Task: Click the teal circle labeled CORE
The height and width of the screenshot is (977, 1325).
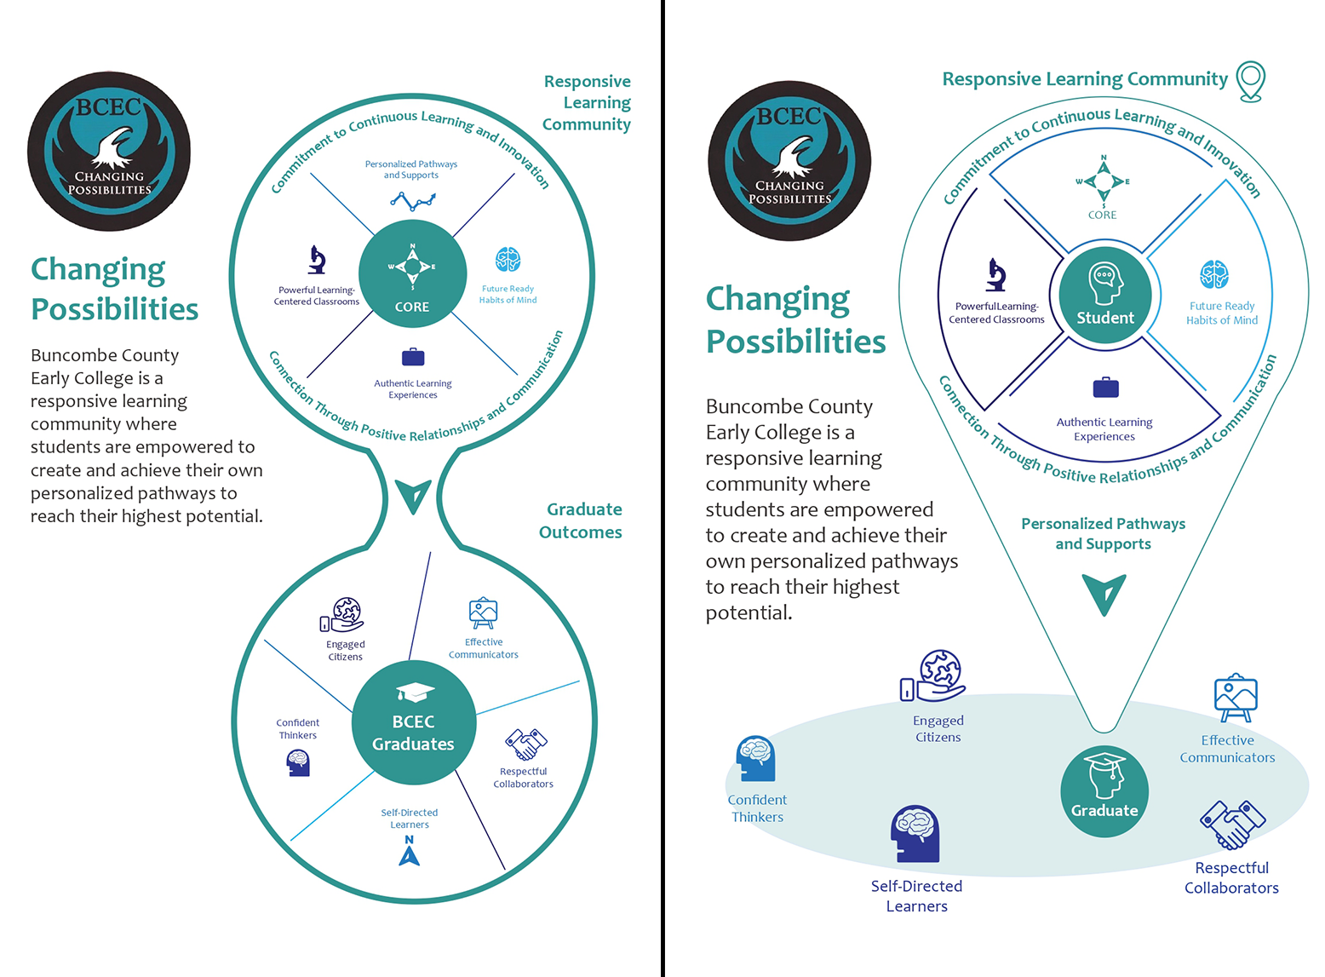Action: click(x=412, y=273)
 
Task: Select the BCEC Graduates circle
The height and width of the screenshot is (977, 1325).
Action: click(x=414, y=722)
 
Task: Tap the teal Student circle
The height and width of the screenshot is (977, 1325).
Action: click(x=1104, y=295)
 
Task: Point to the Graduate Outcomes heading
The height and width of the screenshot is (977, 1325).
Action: click(x=580, y=520)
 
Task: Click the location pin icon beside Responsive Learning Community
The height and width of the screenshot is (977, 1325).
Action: click(x=1251, y=82)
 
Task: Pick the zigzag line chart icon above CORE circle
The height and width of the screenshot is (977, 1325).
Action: click(x=413, y=201)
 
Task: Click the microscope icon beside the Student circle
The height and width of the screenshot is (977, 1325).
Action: click(x=995, y=274)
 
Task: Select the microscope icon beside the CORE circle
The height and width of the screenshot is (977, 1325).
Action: click(x=317, y=260)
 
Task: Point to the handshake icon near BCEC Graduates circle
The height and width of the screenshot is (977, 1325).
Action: click(x=526, y=744)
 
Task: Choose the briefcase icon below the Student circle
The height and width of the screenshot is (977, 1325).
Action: click(x=1105, y=387)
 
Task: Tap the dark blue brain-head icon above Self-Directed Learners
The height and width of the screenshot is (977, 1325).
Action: click(x=915, y=834)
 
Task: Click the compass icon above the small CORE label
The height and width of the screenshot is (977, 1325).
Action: click(x=1104, y=181)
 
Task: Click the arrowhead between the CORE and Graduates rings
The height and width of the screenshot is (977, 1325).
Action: click(x=413, y=496)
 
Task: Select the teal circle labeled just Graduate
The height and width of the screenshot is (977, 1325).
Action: click(x=1104, y=791)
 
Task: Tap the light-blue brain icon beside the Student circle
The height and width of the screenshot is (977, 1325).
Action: click(x=1213, y=274)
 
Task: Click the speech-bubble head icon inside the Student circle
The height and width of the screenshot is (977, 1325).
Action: click(x=1104, y=283)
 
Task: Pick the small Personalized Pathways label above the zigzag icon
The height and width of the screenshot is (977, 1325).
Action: click(x=411, y=170)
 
